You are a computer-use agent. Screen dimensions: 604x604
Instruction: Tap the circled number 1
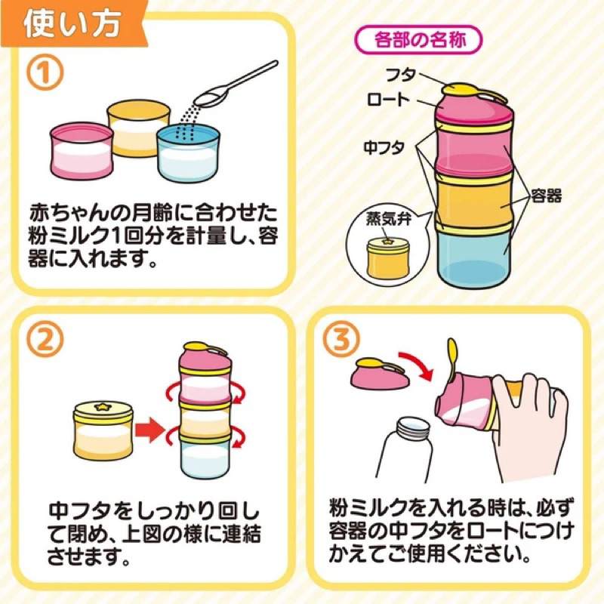pyautogui.click(x=45, y=73)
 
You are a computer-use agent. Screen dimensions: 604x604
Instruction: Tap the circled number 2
pyautogui.click(x=45, y=341)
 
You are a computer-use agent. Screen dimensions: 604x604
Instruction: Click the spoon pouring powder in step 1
pyautogui.click(x=236, y=84)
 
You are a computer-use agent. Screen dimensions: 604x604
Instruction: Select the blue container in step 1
pyautogui.click(x=188, y=154)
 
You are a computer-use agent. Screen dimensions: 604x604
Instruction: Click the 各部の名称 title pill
pyautogui.click(x=421, y=40)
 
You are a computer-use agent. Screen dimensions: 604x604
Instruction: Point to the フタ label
pyautogui.click(x=401, y=75)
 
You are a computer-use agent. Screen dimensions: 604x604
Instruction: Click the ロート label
pyautogui.click(x=387, y=100)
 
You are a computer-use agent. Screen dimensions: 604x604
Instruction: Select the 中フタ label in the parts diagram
pyautogui.click(x=384, y=147)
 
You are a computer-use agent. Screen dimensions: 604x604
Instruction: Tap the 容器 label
pyautogui.click(x=547, y=196)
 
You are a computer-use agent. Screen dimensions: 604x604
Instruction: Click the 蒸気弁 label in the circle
pyautogui.click(x=389, y=220)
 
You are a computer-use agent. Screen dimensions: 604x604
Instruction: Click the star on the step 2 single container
pyautogui.click(x=103, y=405)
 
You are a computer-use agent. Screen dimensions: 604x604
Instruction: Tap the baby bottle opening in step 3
pyautogui.click(x=413, y=427)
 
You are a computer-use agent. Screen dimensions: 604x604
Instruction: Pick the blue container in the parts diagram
pyautogui.click(x=475, y=254)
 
